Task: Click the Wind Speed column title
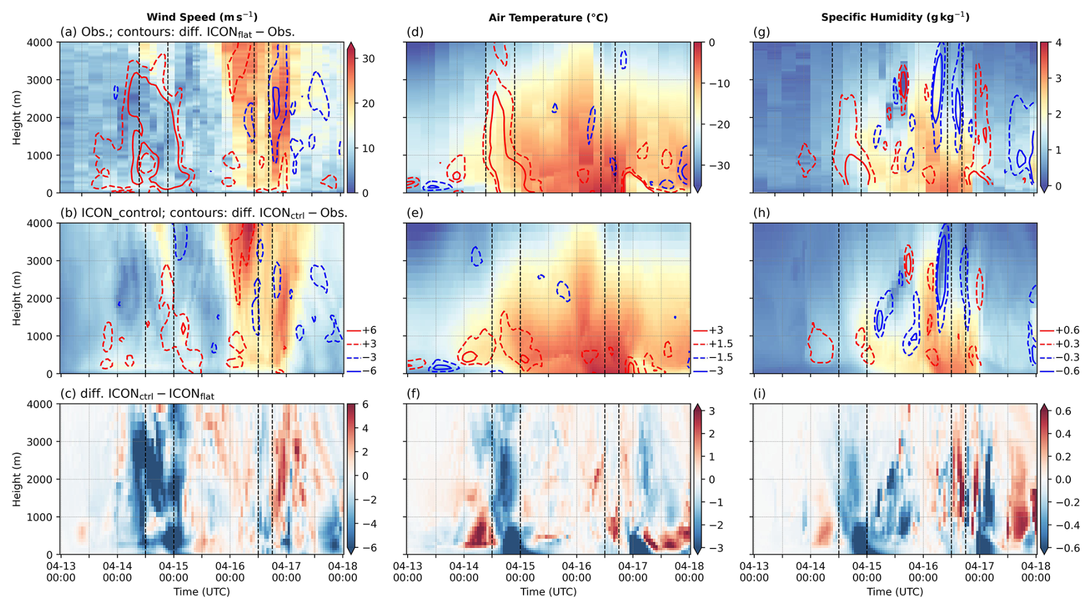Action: tap(202, 17)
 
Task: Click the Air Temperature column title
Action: tap(548, 17)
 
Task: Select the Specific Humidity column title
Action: tap(895, 17)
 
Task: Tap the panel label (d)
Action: tap(415, 32)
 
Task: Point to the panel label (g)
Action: tap(762, 32)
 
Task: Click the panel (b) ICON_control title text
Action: tap(204, 213)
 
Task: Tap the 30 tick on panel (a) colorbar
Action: tap(369, 59)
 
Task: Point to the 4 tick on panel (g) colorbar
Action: tap(1058, 43)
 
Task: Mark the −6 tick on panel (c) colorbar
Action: tap(369, 548)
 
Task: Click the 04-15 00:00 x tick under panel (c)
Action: tap(174, 572)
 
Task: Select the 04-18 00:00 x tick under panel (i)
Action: tap(1036, 572)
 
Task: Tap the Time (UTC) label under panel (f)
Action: tap(548, 592)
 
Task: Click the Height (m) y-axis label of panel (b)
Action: tap(16, 298)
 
